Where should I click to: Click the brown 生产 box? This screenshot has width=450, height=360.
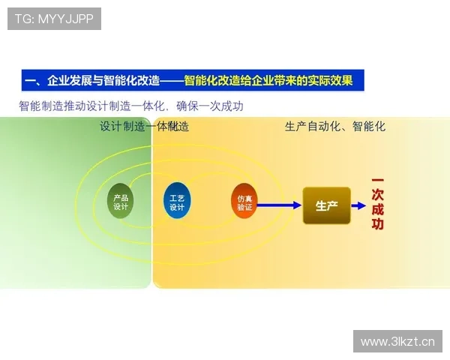[326, 205]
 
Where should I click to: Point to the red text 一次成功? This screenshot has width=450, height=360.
[377, 204]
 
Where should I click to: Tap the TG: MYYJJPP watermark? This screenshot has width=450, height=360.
[54, 19]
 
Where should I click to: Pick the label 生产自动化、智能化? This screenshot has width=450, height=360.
[335, 127]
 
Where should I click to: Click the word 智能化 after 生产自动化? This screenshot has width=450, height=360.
[369, 127]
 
